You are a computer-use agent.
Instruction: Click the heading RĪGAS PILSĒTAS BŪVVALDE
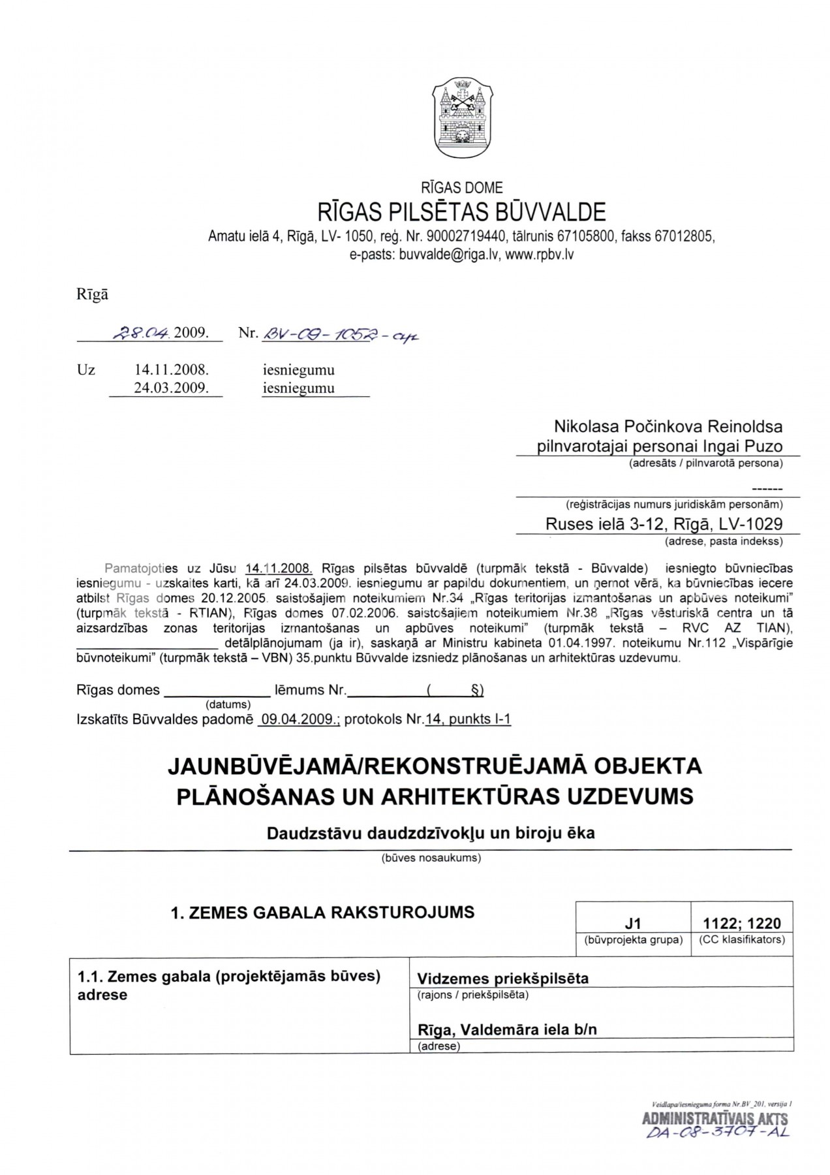(461, 211)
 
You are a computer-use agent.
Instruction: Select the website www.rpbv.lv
(539, 255)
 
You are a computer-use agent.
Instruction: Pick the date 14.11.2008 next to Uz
(172, 369)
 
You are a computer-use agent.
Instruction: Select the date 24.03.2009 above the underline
(172, 388)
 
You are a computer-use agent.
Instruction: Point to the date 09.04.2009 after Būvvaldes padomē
(300, 719)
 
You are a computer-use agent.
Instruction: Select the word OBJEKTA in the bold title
(649, 765)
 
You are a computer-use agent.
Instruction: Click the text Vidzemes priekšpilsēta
(502, 979)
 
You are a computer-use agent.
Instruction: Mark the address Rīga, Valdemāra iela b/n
(507, 1029)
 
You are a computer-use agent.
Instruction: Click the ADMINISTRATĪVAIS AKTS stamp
(715, 1119)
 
